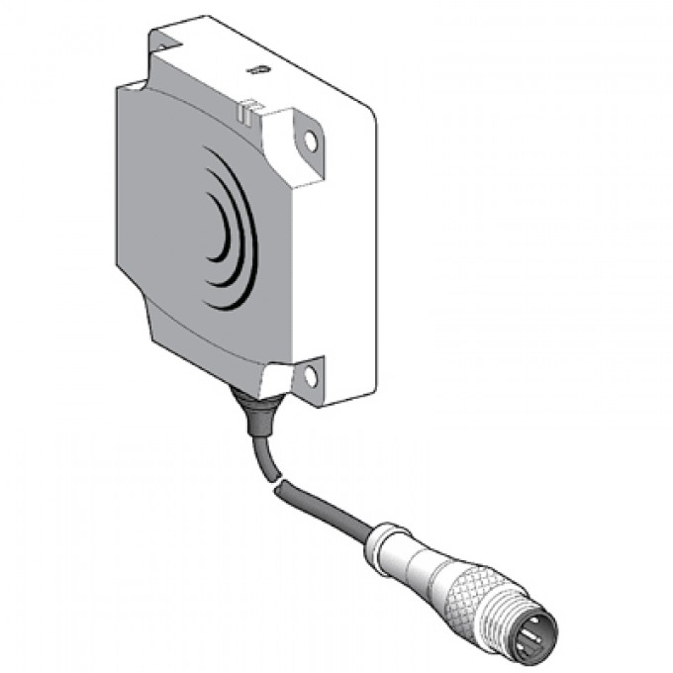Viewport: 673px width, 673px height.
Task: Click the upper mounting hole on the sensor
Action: pos(311,142)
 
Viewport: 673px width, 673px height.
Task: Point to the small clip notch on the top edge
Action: pos(248,104)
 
